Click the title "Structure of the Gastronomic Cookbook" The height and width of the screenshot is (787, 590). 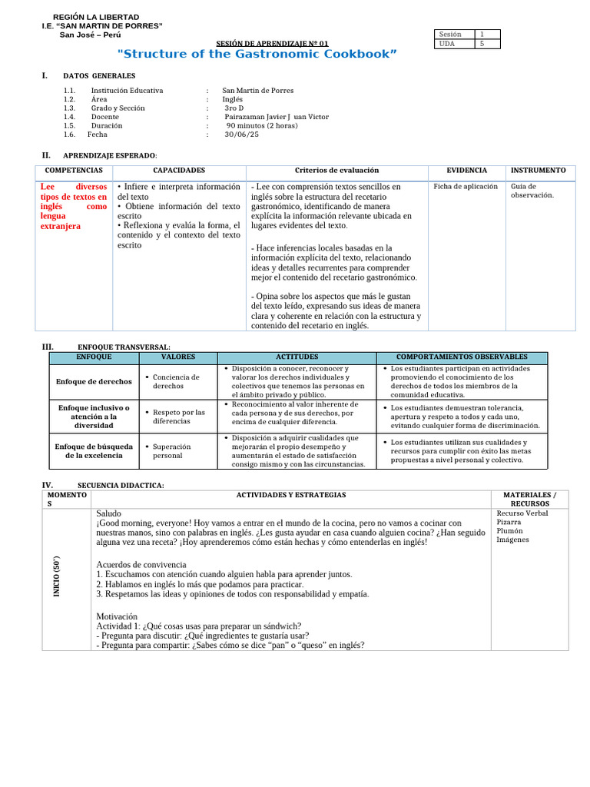point(257,54)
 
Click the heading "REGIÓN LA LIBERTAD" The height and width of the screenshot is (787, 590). point(96,17)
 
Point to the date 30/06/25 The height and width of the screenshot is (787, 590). point(242,134)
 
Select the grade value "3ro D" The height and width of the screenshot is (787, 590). point(234,108)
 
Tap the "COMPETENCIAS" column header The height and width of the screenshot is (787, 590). point(74,171)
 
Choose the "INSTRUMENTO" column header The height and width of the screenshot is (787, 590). point(539,171)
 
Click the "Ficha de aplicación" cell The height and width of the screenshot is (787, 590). point(466,187)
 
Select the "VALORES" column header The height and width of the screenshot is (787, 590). point(178,357)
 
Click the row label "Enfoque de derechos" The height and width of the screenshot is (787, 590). point(94,381)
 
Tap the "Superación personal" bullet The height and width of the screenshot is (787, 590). point(172,450)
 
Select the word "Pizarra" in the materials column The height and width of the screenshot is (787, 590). point(509,522)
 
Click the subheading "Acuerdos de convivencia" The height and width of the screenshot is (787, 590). point(141,565)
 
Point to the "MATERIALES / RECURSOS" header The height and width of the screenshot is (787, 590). point(529,500)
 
